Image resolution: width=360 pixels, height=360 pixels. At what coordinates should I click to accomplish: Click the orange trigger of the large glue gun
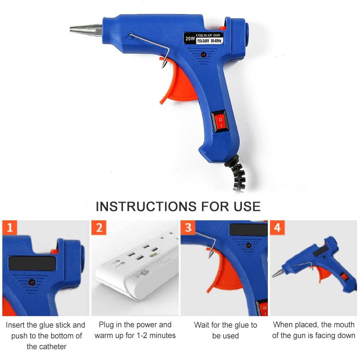click(x=180, y=86)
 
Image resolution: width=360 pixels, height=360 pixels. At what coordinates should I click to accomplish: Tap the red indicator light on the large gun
click(x=203, y=55)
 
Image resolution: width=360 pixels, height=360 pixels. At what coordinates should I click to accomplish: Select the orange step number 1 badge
click(x=10, y=228)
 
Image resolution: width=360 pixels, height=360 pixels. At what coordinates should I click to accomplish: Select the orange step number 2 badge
click(x=99, y=228)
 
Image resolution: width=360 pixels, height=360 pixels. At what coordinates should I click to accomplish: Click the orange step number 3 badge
click(x=188, y=228)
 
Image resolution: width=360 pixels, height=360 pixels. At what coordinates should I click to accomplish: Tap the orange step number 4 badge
click(x=277, y=228)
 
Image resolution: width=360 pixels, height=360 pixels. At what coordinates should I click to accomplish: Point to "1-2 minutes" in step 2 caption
click(x=154, y=336)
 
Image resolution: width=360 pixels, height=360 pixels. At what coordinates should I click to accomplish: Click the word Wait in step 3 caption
click(x=202, y=325)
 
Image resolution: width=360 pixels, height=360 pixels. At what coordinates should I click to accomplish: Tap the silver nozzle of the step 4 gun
click(x=277, y=273)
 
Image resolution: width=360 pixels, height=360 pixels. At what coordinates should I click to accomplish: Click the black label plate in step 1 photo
click(x=32, y=263)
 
